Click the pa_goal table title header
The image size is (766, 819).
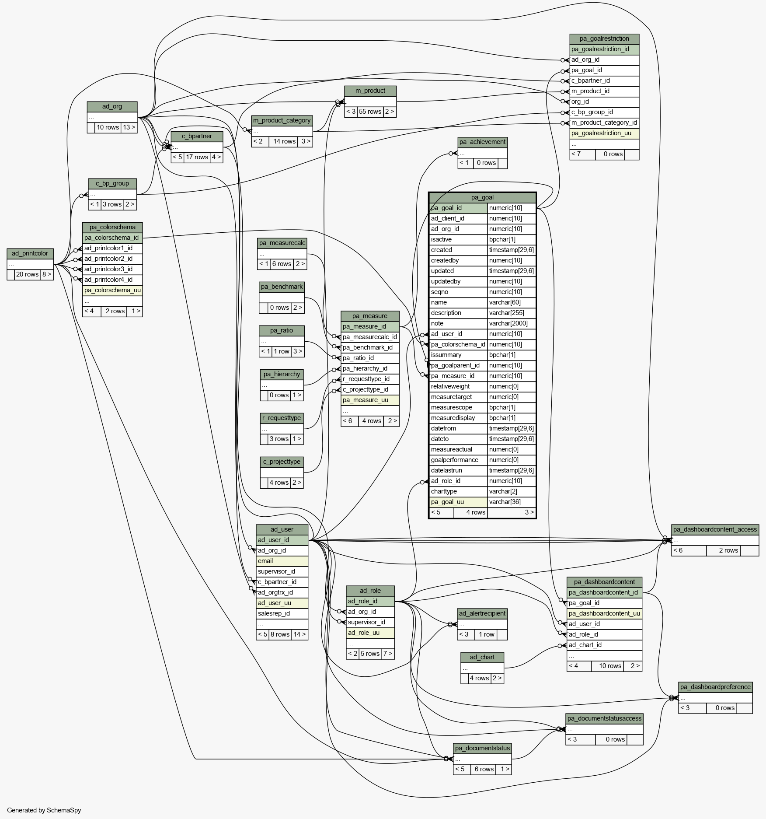pos(482,198)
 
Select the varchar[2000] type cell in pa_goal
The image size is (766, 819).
pos(512,324)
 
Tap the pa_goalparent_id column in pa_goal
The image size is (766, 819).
pos(458,366)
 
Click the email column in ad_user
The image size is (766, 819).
pos(282,561)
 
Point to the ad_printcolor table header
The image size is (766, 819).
pos(30,254)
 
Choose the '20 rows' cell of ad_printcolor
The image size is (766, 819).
pos(28,275)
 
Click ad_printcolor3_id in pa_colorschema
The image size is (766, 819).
pos(112,269)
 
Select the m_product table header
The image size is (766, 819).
pos(370,91)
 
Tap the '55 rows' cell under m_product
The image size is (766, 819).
pos(370,112)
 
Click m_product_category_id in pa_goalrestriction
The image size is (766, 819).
pos(604,123)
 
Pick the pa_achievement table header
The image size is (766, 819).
pos(483,142)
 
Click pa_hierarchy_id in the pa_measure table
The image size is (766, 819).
pos(370,369)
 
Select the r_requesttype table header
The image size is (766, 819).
pos(282,418)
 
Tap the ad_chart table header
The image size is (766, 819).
pos(482,658)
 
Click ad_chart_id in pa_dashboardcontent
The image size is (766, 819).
pos(604,645)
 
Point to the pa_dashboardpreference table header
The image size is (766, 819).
pos(715,687)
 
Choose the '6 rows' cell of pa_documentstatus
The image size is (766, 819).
pos(484,770)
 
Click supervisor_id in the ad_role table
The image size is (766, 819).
pos(370,623)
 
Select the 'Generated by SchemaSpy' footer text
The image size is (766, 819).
pos(44,810)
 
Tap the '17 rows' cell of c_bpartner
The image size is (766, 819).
pos(197,157)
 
